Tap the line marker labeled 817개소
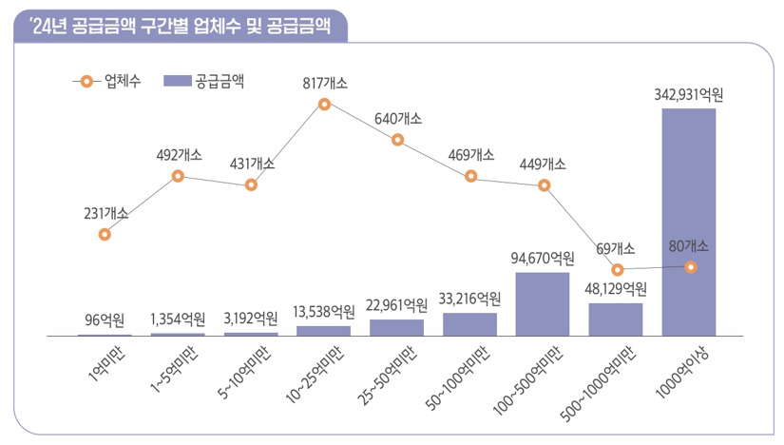(x=324, y=104)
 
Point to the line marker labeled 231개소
(x=105, y=234)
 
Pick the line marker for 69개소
(x=618, y=270)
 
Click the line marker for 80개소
(x=691, y=267)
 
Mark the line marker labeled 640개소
(x=397, y=141)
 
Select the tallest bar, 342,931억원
(x=689, y=222)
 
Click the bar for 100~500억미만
(x=543, y=304)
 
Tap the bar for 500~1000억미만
(x=616, y=319)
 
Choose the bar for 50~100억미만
(x=469, y=324)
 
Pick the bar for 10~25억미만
(x=323, y=331)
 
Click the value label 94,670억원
(x=543, y=259)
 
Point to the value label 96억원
(x=105, y=319)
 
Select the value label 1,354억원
(x=178, y=319)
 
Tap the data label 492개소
(x=179, y=155)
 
